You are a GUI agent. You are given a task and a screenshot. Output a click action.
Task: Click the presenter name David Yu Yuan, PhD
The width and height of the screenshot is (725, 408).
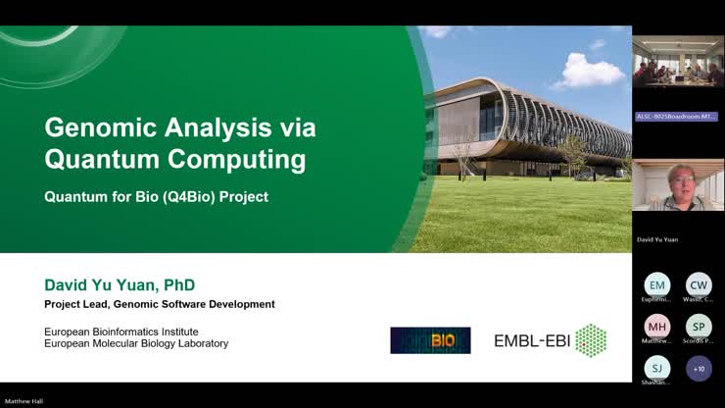(120, 285)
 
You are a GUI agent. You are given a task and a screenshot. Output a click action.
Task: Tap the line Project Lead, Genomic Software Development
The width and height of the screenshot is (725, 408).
(159, 304)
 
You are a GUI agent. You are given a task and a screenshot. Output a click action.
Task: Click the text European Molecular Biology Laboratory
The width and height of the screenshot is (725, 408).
(136, 344)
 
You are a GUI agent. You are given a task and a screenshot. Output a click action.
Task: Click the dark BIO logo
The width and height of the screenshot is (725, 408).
(430, 340)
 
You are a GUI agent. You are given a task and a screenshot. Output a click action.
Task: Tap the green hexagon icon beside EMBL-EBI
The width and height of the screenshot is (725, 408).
(590, 340)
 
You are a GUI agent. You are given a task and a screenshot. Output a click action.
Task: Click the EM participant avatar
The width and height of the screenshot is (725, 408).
(656, 284)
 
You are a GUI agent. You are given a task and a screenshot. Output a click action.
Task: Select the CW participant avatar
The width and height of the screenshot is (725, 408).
(699, 284)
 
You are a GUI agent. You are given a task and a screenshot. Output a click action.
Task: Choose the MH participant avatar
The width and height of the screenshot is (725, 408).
(656, 327)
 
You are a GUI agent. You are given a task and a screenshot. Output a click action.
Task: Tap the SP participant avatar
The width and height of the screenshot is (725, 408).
(699, 327)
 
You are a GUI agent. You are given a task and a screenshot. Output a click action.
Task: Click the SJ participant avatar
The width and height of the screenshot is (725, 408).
(656, 369)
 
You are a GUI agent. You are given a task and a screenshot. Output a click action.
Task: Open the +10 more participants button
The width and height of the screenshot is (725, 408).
(699, 369)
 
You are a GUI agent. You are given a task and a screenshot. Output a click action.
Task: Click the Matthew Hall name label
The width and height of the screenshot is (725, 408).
(24, 401)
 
